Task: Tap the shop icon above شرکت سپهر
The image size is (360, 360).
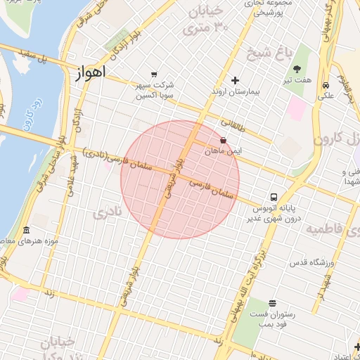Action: click(x=154, y=74)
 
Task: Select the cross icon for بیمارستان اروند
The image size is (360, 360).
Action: click(x=236, y=80)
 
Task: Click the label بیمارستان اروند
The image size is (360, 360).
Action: click(x=237, y=93)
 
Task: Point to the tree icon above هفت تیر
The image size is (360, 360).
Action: click(x=297, y=68)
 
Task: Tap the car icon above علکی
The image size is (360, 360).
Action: click(x=326, y=86)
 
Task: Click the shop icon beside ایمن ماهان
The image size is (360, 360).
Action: click(x=224, y=140)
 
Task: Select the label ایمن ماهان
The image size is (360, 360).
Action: click(x=224, y=151)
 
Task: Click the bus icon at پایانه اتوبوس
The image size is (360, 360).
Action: click(x=273, y=197)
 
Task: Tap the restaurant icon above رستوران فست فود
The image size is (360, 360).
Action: click(x=272, y=303)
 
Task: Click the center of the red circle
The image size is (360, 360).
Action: click(x=180, y=179)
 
